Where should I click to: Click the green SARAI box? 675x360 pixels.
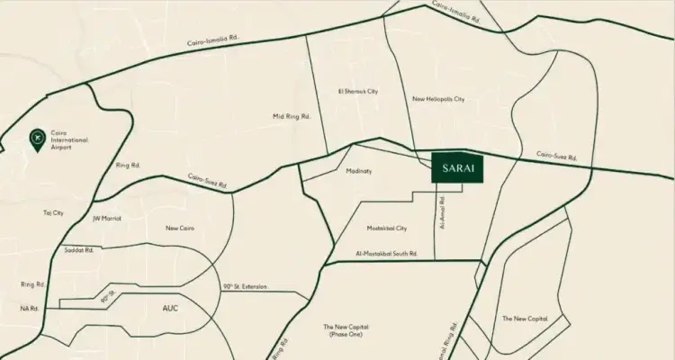[x=457, y=168]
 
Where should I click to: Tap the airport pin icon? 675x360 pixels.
[x=37, y=139]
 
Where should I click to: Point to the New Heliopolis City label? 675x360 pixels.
[x=438, y=100]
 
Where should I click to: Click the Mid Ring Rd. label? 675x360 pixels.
[x=292, y=117]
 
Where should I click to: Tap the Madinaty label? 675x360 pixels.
[x=359, y=171]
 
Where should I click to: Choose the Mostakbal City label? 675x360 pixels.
[x=388, y=229]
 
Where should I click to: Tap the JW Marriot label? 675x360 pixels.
[x=106, y=217]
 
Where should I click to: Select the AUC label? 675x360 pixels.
[x=171, y=308]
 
